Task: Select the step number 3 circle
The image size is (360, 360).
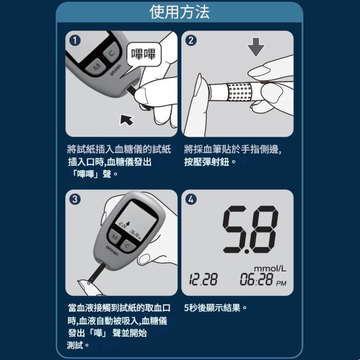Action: point(75,199)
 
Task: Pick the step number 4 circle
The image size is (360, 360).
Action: point(191,199)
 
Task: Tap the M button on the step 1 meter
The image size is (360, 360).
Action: point(96,66)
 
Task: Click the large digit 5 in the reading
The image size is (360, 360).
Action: point(237,230)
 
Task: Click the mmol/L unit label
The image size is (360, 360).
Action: point(270,269)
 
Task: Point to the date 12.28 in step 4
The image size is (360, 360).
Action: point(203,280)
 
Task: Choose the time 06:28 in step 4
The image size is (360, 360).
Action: point(257,280)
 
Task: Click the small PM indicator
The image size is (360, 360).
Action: point(281,283)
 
